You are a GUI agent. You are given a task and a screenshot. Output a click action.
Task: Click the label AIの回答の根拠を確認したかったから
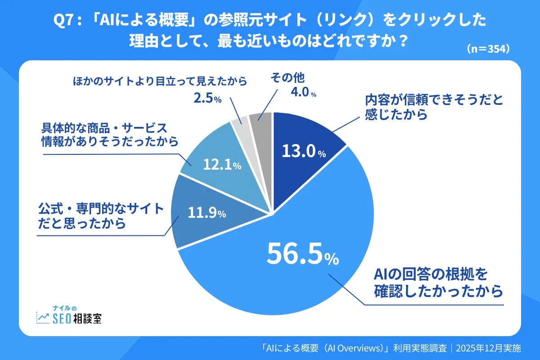coord(438,283)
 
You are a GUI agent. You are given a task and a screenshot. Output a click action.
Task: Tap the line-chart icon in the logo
coord(43,318)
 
